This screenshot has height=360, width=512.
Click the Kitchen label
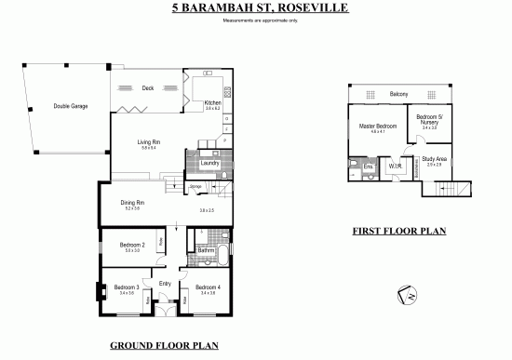pyautogui.click(x=212, y=102)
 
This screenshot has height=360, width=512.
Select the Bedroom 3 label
pyautogui.click(x=127, y=288)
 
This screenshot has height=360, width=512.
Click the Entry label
pyautogui.click(x=166, y=283)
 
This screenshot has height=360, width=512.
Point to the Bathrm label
pyautogui.click(x=207, y=249)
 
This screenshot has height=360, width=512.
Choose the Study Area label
pyautogui.click(x=435, y=160)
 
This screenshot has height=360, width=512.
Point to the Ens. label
pyautogui.click(x=368, y=167)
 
